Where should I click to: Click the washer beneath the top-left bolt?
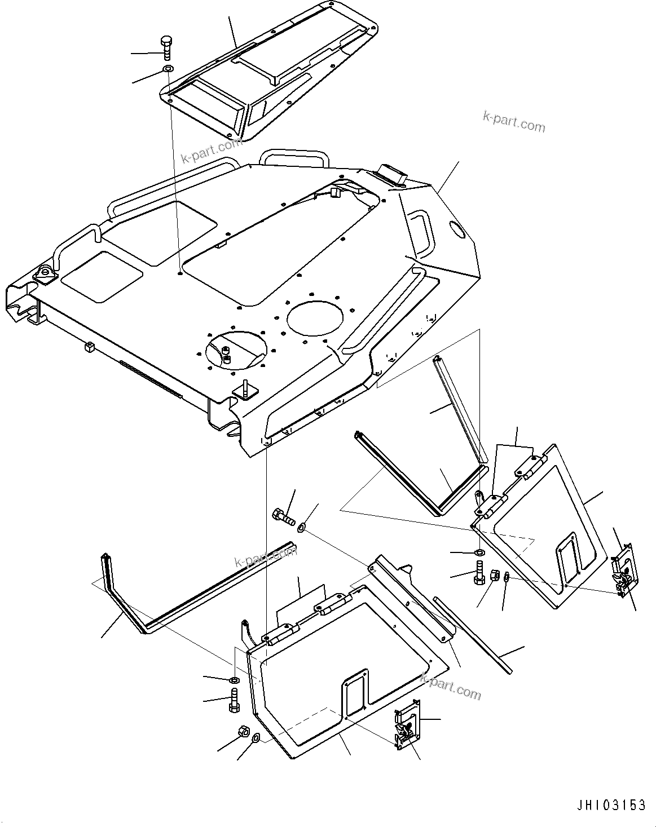tap(168, 69)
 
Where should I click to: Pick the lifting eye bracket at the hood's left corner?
tap(43, 275)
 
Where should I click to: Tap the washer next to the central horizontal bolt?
tap(302, 527)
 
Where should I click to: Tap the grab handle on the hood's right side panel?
tap(421, 232)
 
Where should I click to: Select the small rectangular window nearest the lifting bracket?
tap(102, 275)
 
